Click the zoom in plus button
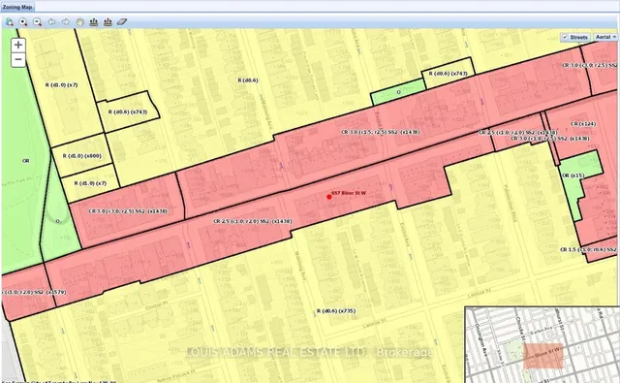pyautogui.click(x=18, y=45)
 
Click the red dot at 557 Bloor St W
pyautogui.click(x=329, y=197)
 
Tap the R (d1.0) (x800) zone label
pyautogui.click(x=80, y=155)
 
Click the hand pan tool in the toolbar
pyautogui.click(x=79, y=19)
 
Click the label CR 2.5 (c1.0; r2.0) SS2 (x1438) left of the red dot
pyautogui.click(x=253, y=221)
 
